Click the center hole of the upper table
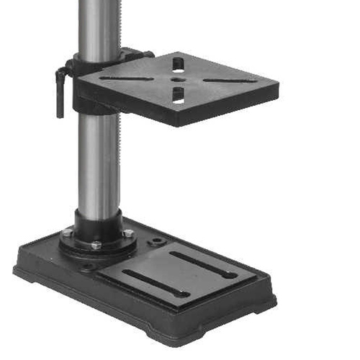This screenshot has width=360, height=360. (x=178, y=79)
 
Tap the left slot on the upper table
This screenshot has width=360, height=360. (x=126, y=78)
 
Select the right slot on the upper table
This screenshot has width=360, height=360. (x=229, y=80)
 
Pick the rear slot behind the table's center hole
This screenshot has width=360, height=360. (x=178, y=65)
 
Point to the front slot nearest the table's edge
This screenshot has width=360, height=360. (x=178, y=95)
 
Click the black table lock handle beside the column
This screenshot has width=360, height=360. (x=61, y=90)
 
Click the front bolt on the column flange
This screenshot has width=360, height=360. (x=96, y=246)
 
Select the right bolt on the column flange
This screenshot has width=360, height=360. (x=127, y=233)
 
